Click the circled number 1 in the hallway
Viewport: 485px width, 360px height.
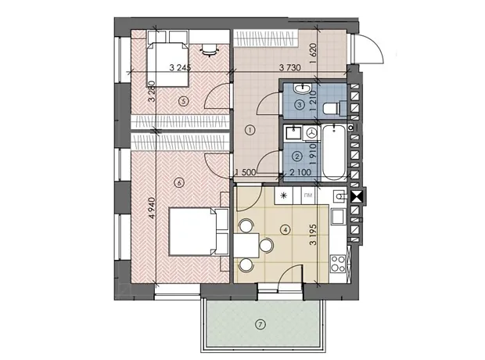250,130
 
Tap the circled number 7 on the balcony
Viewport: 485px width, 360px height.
260,325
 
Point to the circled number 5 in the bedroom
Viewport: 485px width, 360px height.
184,101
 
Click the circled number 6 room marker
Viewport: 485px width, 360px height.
178,183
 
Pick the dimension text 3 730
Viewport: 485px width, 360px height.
289,67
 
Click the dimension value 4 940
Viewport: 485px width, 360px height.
153,208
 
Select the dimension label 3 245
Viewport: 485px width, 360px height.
180,67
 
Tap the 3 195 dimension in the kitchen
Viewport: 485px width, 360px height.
314,235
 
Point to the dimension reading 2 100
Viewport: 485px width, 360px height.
300,172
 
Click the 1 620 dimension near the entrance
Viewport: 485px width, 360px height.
314,53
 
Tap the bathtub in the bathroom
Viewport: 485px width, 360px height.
334,153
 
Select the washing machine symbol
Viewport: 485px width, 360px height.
312,132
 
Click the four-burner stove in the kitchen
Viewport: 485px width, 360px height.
338,264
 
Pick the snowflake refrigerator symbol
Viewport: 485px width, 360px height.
284,196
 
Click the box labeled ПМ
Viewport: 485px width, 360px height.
308,196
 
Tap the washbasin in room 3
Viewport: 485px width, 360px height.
303,89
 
